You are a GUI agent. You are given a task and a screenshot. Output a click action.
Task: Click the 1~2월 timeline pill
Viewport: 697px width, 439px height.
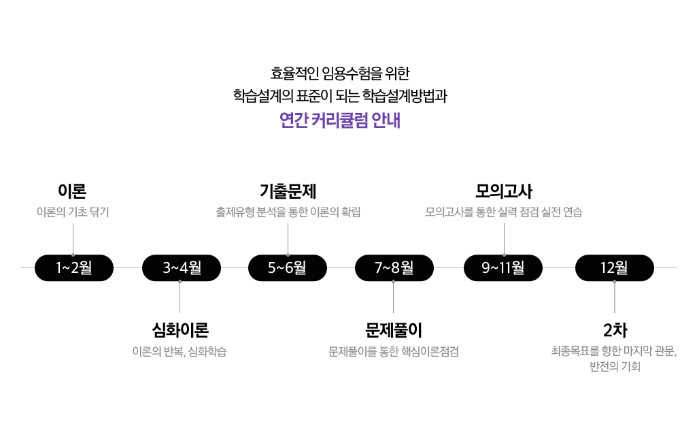74,267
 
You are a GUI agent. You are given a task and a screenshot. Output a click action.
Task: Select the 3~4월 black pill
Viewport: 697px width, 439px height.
182,267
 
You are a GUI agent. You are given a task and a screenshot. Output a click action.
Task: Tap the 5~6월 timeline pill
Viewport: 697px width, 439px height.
288,267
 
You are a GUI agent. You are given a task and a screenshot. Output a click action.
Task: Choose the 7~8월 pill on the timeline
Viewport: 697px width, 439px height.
394,267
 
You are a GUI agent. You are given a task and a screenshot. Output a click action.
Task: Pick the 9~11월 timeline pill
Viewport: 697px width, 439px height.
503,267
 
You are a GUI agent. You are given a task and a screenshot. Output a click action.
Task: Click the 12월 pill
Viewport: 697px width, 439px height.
615,267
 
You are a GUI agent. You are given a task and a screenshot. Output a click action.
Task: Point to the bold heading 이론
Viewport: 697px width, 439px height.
72,191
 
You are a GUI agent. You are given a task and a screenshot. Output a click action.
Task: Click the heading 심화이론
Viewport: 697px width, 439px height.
180,330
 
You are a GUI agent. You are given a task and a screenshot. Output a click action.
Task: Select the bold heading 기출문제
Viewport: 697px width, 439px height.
288,191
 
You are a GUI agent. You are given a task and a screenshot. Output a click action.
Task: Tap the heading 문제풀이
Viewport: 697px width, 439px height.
394,330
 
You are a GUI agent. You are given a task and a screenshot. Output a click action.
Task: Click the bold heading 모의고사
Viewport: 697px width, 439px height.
504,191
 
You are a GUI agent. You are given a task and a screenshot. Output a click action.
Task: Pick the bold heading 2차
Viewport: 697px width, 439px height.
615,330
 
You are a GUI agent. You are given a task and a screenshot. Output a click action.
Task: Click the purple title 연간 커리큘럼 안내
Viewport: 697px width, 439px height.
340,120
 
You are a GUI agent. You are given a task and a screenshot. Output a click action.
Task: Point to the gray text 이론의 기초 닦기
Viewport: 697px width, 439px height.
73,212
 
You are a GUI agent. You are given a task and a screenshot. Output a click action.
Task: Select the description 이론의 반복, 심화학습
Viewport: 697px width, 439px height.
180,351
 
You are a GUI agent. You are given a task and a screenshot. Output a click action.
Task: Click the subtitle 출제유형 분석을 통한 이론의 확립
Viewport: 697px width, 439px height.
288,212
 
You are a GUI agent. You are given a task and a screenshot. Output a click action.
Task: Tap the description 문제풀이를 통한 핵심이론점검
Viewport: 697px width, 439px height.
394,351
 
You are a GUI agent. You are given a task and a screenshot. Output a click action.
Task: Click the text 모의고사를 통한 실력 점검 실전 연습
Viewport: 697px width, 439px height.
504,212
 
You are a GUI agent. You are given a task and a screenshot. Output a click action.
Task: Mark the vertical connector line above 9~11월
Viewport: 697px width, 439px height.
504,240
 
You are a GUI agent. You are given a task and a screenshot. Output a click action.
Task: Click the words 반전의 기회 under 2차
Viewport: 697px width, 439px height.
615,366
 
